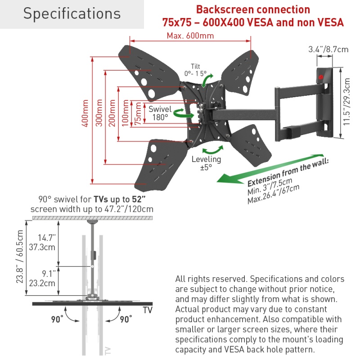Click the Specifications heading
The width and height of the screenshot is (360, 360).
72,14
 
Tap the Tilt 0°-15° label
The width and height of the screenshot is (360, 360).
195,70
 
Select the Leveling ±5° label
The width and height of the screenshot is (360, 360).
206,163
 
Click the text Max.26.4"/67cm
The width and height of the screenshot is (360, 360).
274,194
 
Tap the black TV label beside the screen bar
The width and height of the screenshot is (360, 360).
147,310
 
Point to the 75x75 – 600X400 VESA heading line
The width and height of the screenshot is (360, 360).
252,22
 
